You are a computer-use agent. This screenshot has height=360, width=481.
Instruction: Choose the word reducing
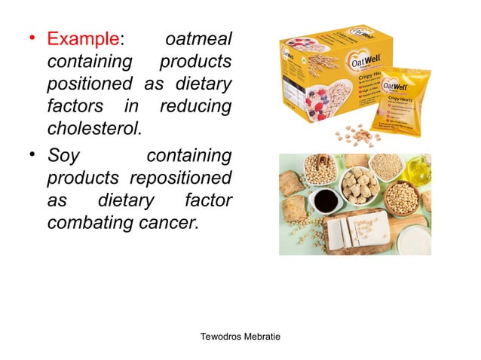[x=196, y=106]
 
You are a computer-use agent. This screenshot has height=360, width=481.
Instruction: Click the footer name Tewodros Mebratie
[x=240, y=335]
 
